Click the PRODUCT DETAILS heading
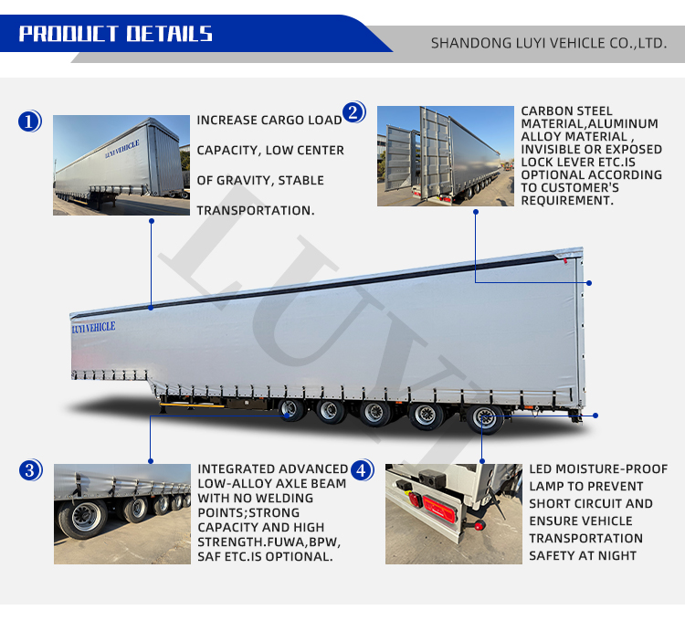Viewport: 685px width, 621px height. (x=115, y=34)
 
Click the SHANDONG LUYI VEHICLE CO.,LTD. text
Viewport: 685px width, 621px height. (x=549, y=43)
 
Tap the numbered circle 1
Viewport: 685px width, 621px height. (x=30, y=121)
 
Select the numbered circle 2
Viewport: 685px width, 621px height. (x=353, y=112)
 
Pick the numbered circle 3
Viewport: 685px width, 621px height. (x=30, y=470)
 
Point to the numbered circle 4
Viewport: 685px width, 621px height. (x=363, y=470)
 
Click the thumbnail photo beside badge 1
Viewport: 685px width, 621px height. (x=121, y=165)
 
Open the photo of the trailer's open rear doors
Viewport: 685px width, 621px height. (x=446, y=156)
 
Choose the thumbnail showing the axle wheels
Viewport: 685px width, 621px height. (x=122, y=514)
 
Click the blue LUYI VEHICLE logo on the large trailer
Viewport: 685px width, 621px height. (x=93, y=327)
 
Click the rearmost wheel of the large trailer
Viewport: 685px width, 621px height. (x=485, y=419)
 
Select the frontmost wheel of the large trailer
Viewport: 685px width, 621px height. (x=291, y=409)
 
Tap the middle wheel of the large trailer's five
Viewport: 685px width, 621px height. (x=374, y=414)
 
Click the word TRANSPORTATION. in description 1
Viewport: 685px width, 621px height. (x=256, y=210)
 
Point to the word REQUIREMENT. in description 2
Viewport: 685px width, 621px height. (x=567, y=200)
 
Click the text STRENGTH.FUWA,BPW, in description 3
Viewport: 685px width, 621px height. (x=269, y=542)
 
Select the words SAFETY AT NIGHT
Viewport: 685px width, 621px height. (x=583, y=555)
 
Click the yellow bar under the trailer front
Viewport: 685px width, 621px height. (x=192, y=405)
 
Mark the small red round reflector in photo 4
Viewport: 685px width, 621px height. (x=479, y=526)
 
